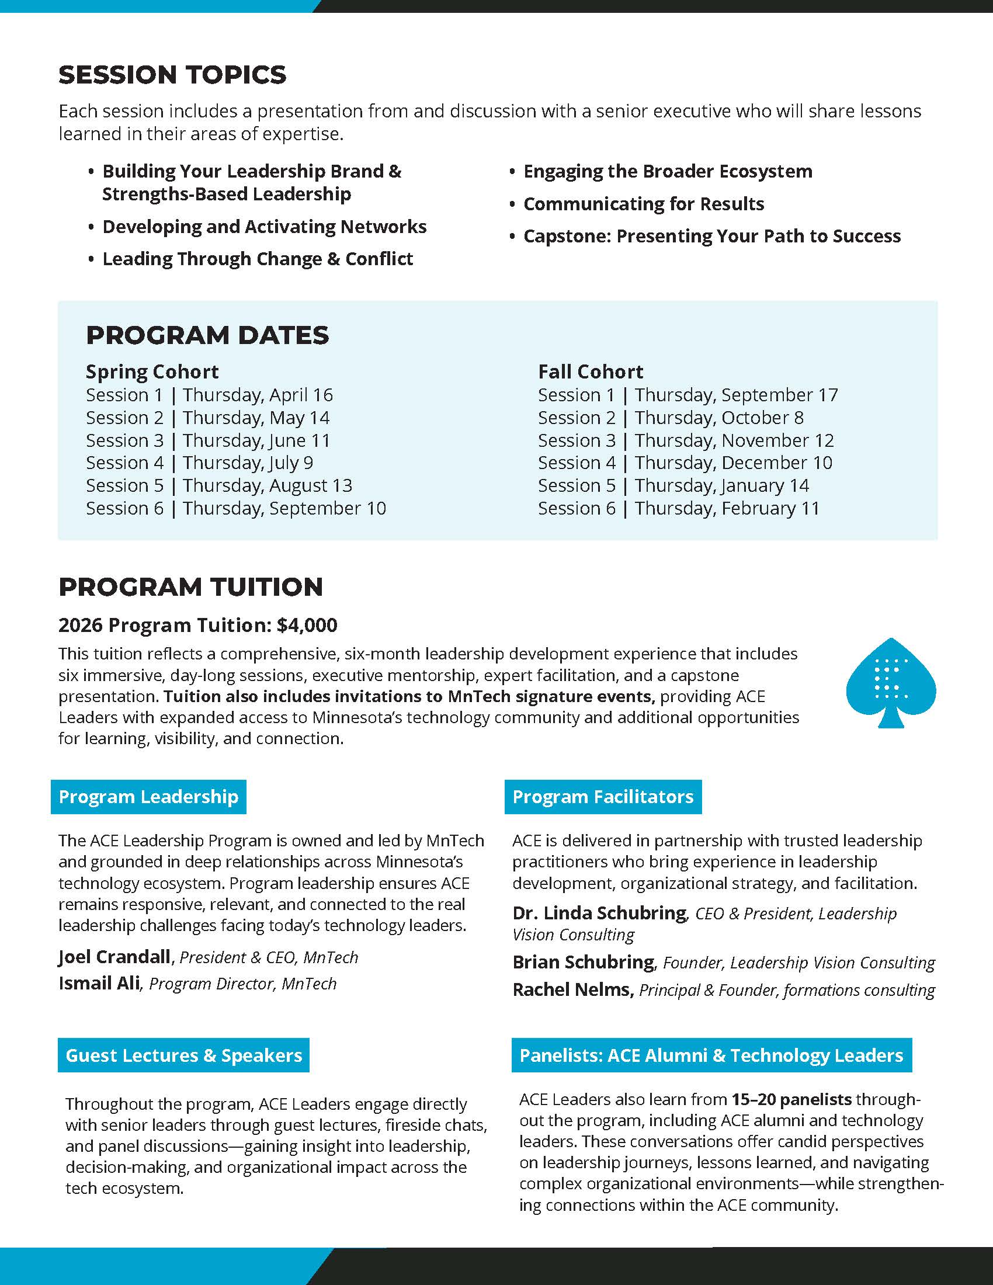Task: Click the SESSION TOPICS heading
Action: click(172, 75)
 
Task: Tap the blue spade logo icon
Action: click(891, 682)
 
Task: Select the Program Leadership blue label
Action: click(148, 797)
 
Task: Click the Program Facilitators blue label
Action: click(603, 797)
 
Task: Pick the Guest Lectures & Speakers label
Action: click(183, 1055)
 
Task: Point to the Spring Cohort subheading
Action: click(152, 372)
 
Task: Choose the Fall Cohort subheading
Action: click(591, 372)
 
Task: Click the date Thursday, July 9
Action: click(248, 463)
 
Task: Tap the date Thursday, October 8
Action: click(719, 418)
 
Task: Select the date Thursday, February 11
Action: click(727, 508)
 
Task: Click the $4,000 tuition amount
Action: click(307, 625)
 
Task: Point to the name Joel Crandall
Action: click(114, 957)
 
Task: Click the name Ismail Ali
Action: click(99, 983)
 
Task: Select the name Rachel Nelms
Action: click(572, 989)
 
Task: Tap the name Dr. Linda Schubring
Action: click(599, 913)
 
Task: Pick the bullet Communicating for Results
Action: click(644, 204)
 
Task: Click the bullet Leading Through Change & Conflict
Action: click(258, 259)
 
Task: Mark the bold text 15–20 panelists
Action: click(791, 1099)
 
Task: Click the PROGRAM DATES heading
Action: click(207, 335)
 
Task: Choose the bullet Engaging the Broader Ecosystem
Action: click(668, 172)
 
